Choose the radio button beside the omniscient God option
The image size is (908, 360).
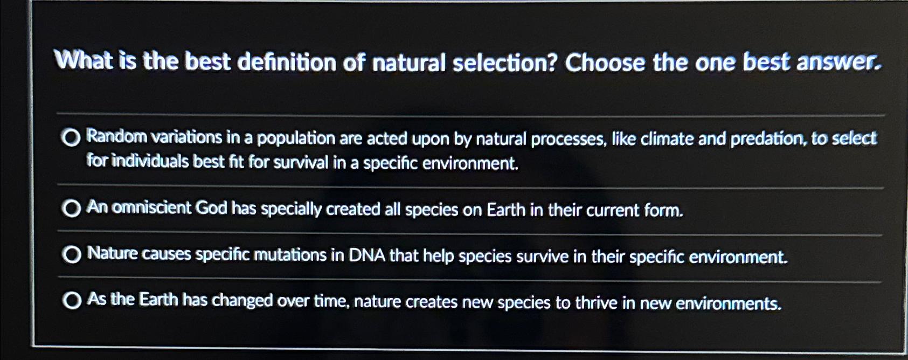coord(71,208)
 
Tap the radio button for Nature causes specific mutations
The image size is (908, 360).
coord(71,254)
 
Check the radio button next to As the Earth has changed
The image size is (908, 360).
coord(71,300)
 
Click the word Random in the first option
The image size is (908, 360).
coord(116,137)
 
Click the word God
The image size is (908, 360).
coord(211,208)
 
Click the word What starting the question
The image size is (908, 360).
coord(84,60)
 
